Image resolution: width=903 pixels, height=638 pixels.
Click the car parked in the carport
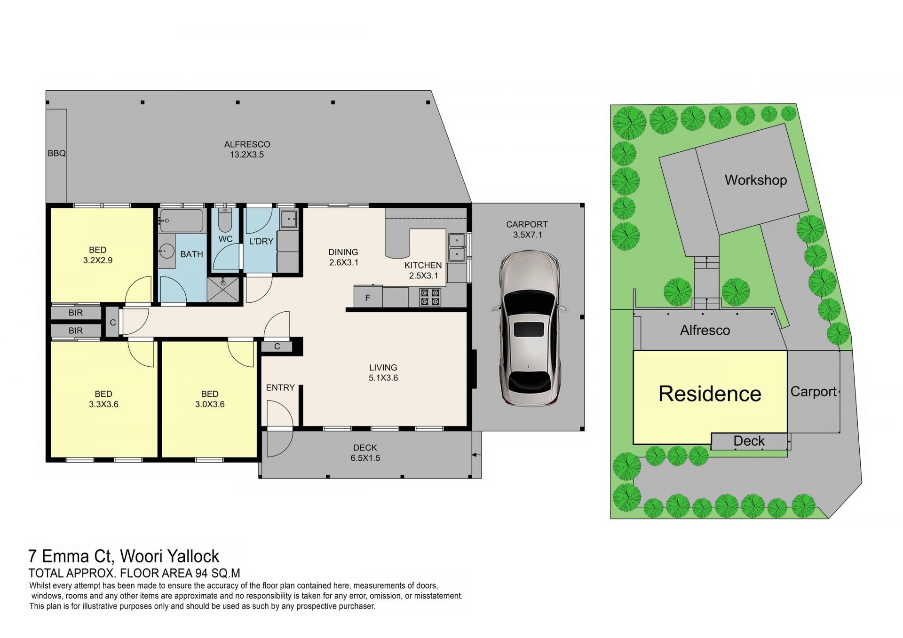529,328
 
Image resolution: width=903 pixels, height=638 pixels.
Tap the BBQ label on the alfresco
56,153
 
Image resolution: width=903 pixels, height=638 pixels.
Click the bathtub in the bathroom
182,221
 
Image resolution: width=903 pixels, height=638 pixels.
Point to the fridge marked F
368,297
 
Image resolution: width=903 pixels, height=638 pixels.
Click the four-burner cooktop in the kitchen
430,297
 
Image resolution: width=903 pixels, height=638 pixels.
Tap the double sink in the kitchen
457,247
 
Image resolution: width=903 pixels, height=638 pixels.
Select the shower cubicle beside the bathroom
223,290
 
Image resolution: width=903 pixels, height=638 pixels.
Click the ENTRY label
280,387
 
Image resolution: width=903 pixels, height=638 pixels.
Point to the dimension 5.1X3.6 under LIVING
383,378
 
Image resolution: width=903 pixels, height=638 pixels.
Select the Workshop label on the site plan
756,180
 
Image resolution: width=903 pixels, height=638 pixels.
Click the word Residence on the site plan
710,394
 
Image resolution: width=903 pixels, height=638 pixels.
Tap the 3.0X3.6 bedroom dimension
210,404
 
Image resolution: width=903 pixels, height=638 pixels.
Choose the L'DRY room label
261,241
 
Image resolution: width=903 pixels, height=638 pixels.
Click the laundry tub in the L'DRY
288,219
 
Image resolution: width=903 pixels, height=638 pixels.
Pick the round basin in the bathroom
166,251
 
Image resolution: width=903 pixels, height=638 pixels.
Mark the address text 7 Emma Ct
71,556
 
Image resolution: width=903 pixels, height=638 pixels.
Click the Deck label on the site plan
749,441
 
